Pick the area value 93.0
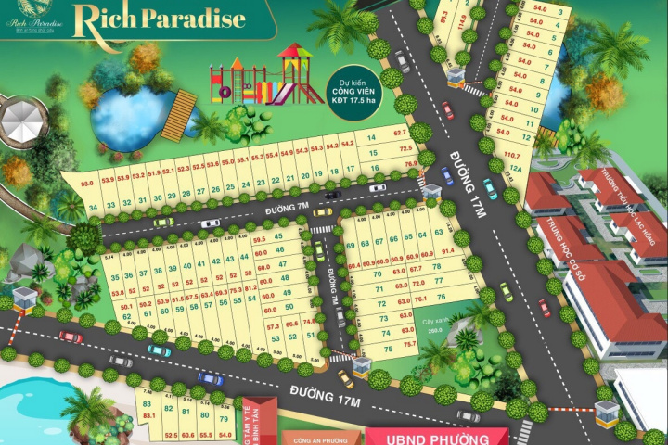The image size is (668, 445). [x=88, y=184]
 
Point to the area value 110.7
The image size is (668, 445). [x=509, y=155]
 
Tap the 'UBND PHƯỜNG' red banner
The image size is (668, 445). [x=436, y=436]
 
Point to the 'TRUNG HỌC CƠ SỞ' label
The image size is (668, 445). [x=581, y=235]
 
